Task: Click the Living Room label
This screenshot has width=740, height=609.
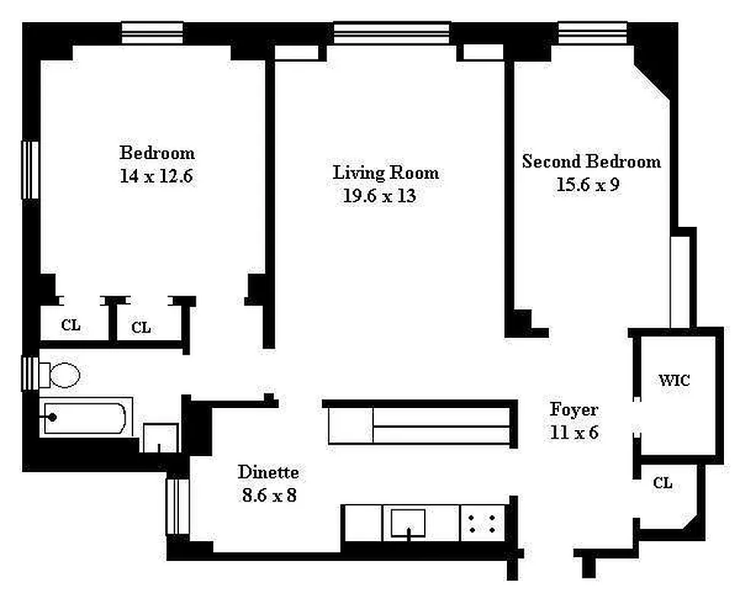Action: tap(385, 173)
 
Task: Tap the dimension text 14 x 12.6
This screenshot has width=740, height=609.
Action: tap(156, 176)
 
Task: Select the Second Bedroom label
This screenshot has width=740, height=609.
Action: tap(592, 161)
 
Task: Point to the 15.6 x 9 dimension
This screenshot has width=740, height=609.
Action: tap(588, 184)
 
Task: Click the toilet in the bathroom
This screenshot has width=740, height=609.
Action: tap(59, 375)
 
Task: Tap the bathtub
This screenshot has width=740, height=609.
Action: tap(85, 417)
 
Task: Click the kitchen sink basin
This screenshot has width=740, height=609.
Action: tap(408, 523)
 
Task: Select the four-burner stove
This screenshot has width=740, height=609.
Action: tap(482, 524)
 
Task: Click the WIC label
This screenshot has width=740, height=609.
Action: tap(674, 380)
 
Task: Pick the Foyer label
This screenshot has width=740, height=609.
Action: tap(574, 410)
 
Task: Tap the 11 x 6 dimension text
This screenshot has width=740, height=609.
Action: tap(574, 432)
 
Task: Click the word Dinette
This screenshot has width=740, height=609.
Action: tap(268, 472)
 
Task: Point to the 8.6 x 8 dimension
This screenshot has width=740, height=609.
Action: tap(269, 495)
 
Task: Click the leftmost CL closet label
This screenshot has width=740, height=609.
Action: tap(71, 325)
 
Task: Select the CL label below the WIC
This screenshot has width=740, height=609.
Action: tap(662, 483)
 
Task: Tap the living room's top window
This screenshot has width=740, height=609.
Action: tap(392, 33)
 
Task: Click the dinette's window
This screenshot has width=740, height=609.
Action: tap(178, 506)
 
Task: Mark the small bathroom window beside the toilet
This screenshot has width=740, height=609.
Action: tap(30, 374)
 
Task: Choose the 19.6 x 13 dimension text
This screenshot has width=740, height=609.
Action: tap(379, 196)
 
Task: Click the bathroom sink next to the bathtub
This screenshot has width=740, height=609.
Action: tap(161, 438)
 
